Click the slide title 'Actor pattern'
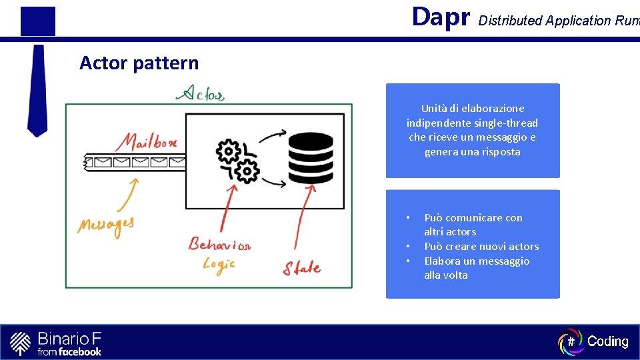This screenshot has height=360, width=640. (x=139, y=63)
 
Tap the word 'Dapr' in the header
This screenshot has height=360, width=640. (x=441, y=17)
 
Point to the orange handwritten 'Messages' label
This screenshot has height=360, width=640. (x=105, y=225)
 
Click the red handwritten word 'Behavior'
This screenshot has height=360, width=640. (x=219, y=244)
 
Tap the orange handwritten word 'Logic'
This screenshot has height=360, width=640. (x=219, y=265)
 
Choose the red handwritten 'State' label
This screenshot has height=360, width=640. (x=301, y=269)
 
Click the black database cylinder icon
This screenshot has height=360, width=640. (x=310, y=157)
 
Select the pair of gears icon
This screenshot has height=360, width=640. (x=238, y=161)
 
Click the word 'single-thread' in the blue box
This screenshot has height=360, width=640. (x=505, y=123)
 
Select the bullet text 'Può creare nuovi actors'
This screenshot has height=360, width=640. (x=481, y=247)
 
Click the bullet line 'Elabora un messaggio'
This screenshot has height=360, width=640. (x=477, y=261)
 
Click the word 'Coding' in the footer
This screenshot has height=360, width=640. (x=607, y=341)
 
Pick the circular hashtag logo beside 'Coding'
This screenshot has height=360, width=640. (x=571, y=341)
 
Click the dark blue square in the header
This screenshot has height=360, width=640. (x=38, y=21)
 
